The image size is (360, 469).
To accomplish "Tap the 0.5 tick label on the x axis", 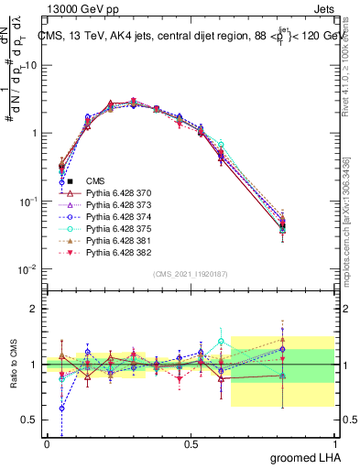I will (x=191, y=444).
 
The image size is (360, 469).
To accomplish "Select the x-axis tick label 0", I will (x=47, y=444).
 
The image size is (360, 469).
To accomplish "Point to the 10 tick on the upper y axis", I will (x=32, y=65).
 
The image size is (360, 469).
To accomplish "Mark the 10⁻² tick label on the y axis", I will (x=27, y=269).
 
